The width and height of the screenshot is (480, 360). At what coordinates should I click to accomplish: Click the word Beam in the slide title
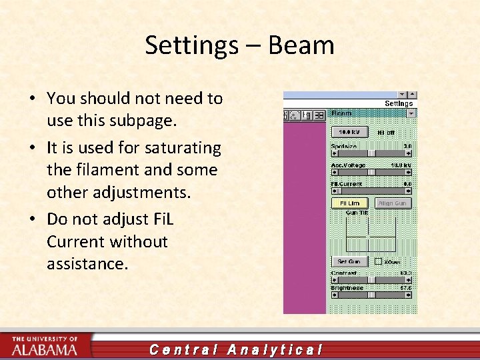point(301,45)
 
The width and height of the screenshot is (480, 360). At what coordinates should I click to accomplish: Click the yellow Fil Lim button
point(349,203)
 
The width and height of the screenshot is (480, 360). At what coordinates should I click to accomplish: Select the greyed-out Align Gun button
point(393,203)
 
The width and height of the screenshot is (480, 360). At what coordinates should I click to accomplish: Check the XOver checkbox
point(378,261)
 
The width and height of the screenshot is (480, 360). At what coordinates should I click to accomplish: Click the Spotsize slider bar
point(371,153)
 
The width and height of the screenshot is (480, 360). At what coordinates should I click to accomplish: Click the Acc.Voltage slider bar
point(371,171)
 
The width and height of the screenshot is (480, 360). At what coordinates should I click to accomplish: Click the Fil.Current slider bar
point(371,190)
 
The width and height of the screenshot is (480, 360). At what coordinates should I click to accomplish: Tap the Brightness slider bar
point(371,295)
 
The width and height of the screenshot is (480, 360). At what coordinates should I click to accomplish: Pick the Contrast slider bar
point(371,279)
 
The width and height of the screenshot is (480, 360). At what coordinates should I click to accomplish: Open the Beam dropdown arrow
point(411,114)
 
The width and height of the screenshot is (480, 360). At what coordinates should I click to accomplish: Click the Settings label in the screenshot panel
point(399,103)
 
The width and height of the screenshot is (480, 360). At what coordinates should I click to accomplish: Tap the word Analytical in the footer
point(275,349)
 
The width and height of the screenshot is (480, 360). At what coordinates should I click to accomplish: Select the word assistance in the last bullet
point(86,264)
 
